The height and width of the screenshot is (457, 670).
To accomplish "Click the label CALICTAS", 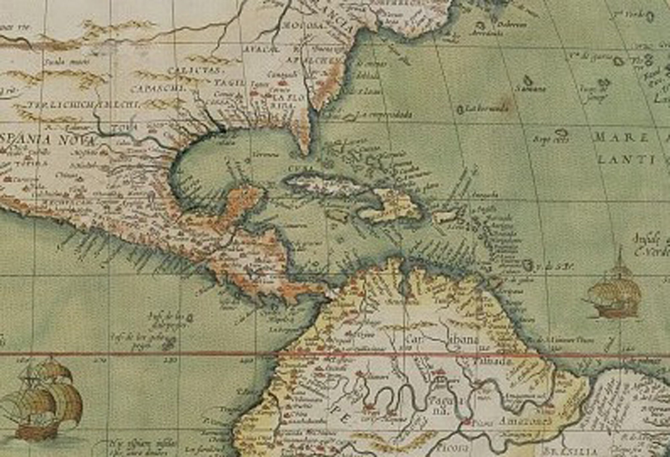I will click(194, 71).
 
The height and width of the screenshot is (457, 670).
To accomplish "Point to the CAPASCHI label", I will click(158, 89).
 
